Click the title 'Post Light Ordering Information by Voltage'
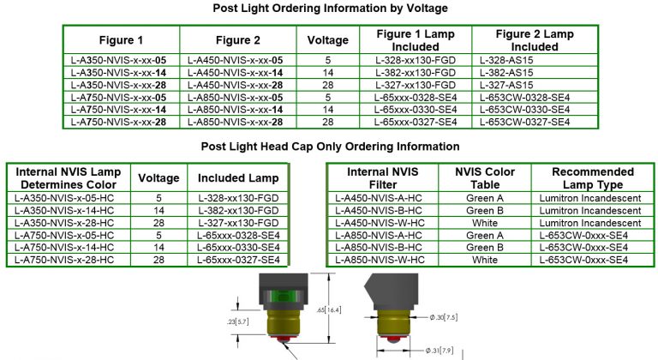[330, 9]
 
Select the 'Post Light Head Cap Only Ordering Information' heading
[330, 147]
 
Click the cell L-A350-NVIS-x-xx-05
[120, 62]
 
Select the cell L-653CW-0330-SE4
[524, 110]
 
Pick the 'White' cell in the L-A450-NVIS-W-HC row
[484, 222]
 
